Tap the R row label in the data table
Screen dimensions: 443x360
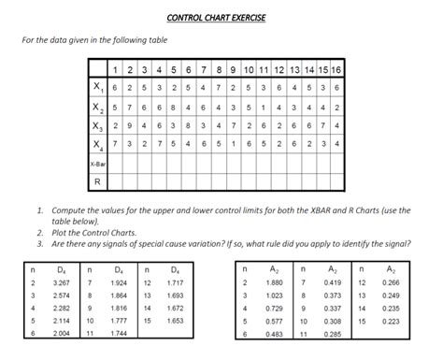coord(96,181)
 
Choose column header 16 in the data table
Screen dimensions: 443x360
coord(335,70)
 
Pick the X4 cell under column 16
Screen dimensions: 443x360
coord(335,144)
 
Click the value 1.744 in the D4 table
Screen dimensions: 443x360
coord(119,333)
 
